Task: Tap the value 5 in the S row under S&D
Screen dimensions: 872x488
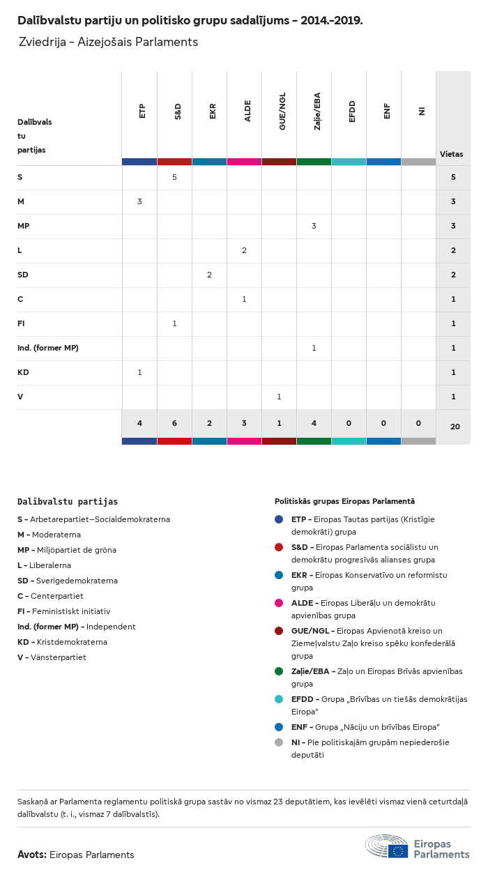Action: pos(174,177)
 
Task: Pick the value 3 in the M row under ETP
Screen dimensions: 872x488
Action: pos(139,201)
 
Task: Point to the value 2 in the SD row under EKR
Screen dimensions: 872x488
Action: pos(209,275)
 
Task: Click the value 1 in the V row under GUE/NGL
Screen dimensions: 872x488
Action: pos(279,397)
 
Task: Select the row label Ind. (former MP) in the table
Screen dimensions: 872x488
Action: pos(48,348)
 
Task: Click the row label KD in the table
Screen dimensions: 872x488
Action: pos(23,372)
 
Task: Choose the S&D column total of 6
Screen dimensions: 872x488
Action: pos(174,423)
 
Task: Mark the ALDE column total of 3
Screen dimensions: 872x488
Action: pos(244,423)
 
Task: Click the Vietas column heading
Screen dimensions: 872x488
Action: pos(451,154)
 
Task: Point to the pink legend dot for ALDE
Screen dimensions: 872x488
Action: pos(279,603)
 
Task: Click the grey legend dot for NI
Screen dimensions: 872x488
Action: pos(279,742)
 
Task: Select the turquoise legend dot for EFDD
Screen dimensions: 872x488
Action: pos(279,699)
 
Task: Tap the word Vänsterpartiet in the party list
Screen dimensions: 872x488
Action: pos(58,657)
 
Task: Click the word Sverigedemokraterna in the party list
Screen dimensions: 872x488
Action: pos(74,581)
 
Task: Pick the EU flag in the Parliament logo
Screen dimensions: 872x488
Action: pos(398,850)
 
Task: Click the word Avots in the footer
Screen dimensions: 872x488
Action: pos(31,855)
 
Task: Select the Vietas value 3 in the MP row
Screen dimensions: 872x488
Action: pos(453,226)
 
